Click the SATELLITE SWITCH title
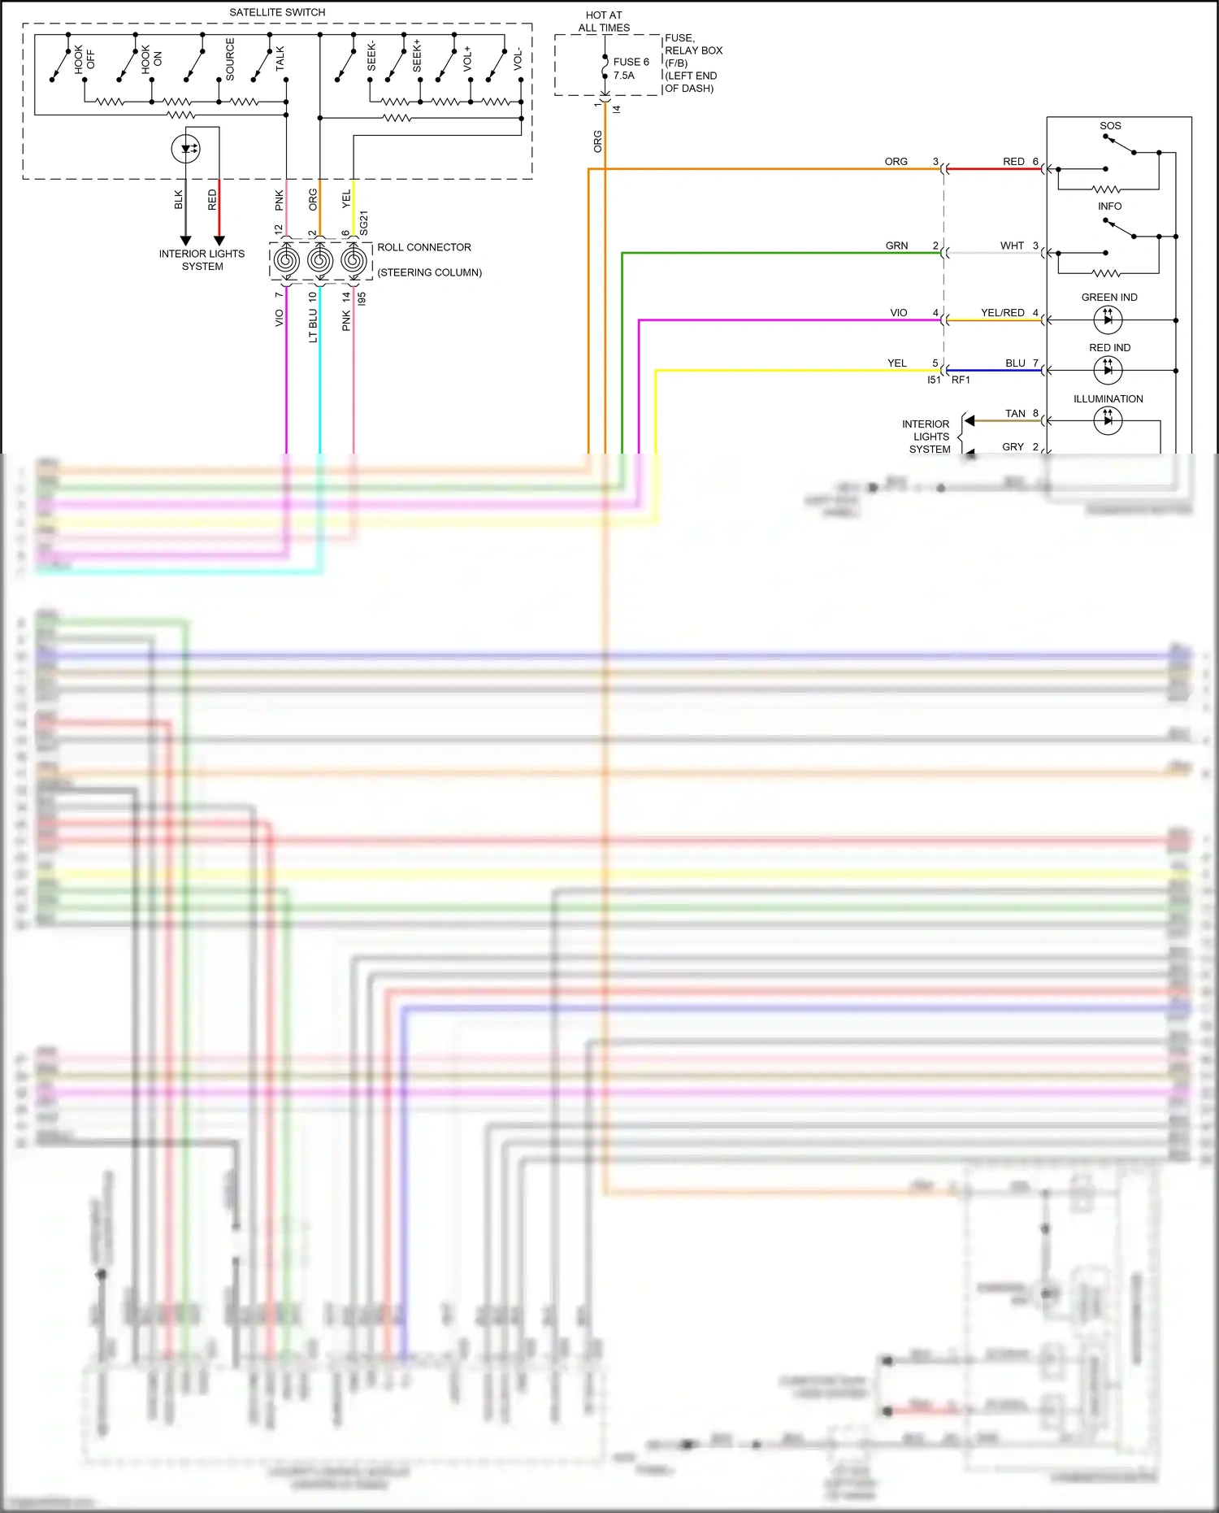pos(277,12)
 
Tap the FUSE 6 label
pos(631,62)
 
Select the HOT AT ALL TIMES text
pos(604,21)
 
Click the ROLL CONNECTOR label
pos(423,247)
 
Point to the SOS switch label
pos(1110,126)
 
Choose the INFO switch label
pos(1109,207)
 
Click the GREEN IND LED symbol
pos(1108,320)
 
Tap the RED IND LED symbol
pos(1108,371)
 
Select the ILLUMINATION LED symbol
pos(1108,420)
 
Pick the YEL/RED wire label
pos(1002,313)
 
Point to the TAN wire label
pos(1015,414)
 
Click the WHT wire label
pos(1012,246)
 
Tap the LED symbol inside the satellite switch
pos(186,149)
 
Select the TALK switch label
pos(280,59)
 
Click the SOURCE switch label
pos(230,59)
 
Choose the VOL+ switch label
pos(467,59)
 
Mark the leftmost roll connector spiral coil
pos(286,261)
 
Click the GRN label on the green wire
pos(896,246)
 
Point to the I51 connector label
pos(934,380)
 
